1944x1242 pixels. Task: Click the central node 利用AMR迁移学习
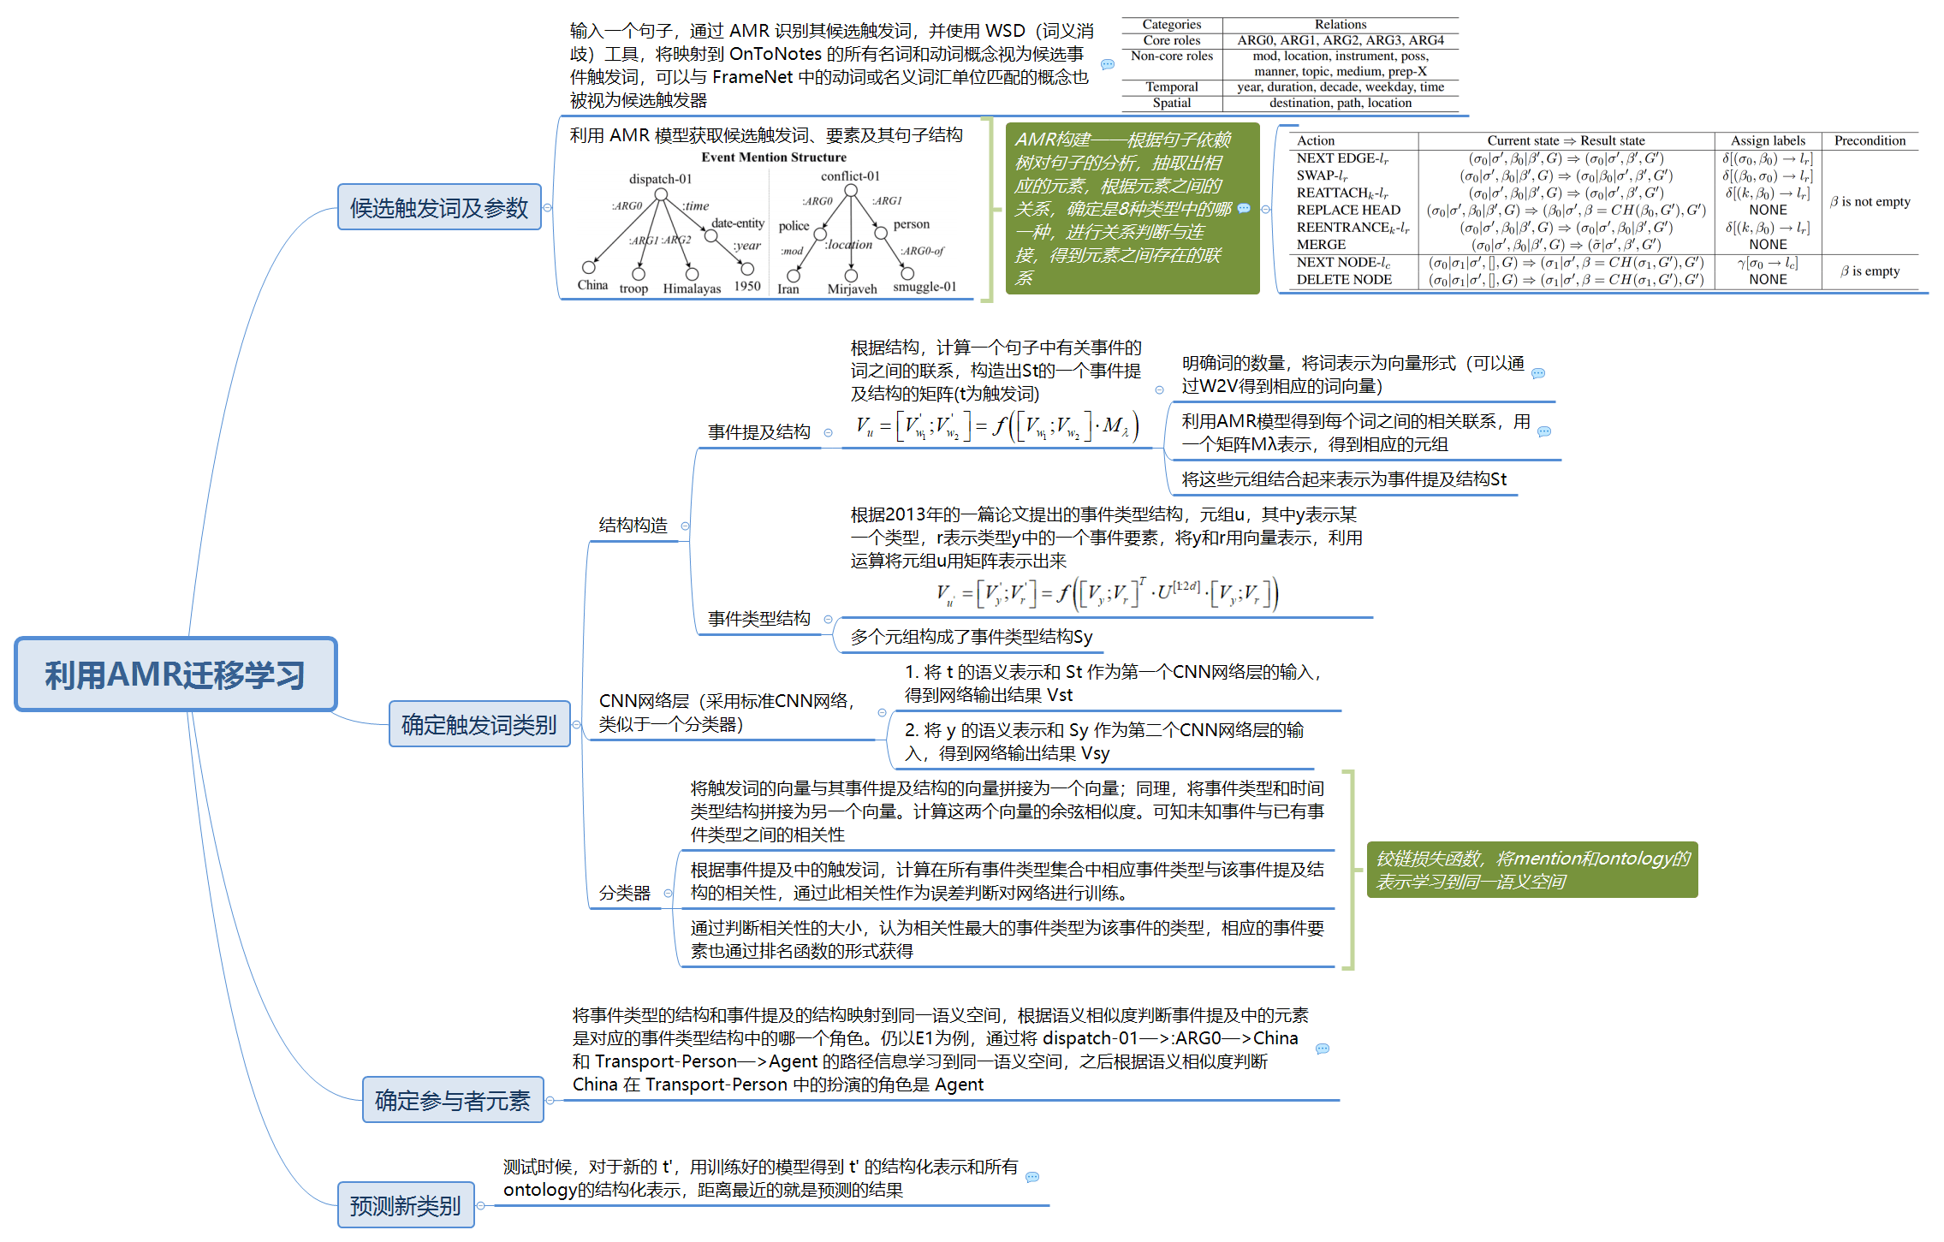tap(175, 674)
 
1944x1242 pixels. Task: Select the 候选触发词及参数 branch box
tap(439, 207)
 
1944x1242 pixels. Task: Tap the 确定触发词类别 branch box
tap(479, 724)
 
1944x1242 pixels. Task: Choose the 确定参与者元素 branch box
tap(453, 1100)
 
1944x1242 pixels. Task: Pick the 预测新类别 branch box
tap(406, 1205)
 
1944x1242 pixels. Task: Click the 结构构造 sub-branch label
tap(633, 525)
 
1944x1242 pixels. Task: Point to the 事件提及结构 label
tap(758, 431)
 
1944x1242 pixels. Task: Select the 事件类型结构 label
tap(758, 618)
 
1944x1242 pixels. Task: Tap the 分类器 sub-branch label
tap(624, 893)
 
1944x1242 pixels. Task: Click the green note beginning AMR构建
tap(1132, 208)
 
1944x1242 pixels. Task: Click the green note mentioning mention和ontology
tap(1531, 870)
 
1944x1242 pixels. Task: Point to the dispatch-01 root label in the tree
tap(660, 179)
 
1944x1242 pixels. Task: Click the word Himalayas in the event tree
tap(692, 288)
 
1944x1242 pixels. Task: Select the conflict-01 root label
tap(850, 176)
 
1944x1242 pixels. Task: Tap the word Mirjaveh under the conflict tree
tap(852, 288)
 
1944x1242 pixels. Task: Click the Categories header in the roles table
tap(1171, 25)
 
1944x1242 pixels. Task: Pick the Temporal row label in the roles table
tap(1171, 87)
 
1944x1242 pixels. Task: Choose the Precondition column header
tap(1870, 140)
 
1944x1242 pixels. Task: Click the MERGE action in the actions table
tap(1321, 245)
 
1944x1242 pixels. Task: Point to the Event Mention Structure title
tap(773, 157)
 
